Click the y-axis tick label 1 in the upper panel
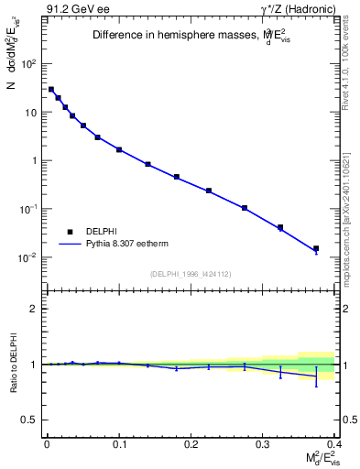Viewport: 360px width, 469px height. coord(35,161)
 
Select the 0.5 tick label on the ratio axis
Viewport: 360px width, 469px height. coord(29,420)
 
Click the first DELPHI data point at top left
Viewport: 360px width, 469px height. coord(51,90)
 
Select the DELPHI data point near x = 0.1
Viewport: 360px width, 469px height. coord(119,149)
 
